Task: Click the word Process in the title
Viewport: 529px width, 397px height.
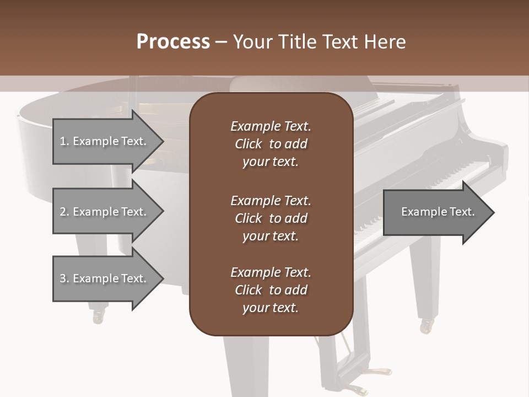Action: click(x=173, y=42)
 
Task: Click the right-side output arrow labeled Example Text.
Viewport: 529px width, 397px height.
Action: click(x=438, y=212)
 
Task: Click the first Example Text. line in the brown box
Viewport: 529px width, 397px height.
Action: click(x=271, y=126)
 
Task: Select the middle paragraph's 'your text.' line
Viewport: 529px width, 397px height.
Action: click(x=270, y=236)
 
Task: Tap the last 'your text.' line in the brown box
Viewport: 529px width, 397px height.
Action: click(x=270, y=308)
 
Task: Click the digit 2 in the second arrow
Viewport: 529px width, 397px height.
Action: click(x=63, y=212)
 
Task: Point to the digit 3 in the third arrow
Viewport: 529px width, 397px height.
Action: click(x=63, y=278)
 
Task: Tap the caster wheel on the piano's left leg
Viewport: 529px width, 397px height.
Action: click(x=99, y=316)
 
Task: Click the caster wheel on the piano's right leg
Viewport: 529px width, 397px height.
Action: click(x=427, y=326)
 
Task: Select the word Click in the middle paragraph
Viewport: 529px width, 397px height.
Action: click(x=249, y=218)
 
